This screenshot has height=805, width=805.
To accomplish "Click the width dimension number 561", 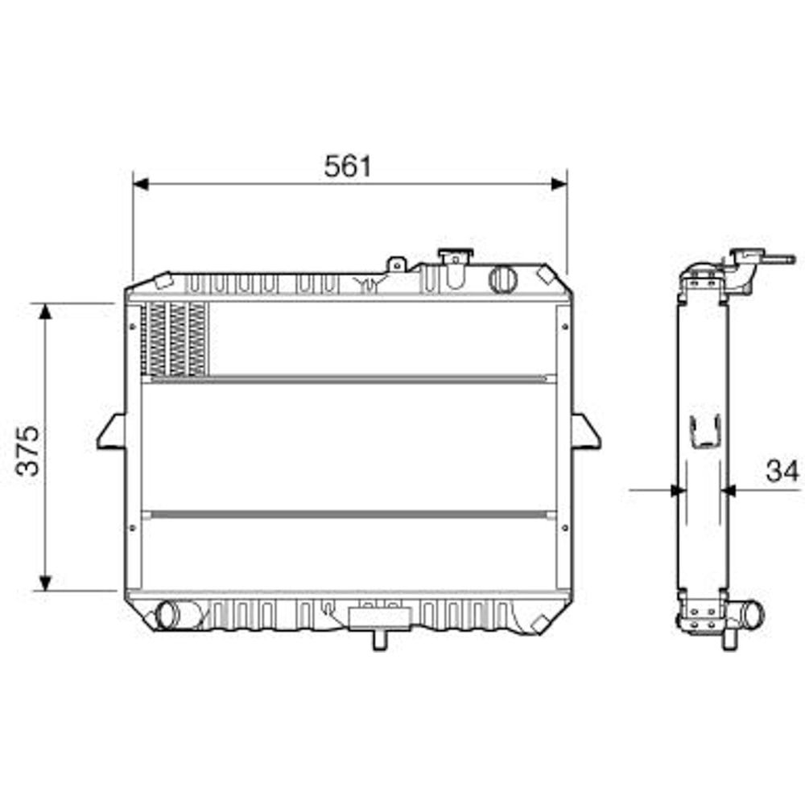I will [348, 166].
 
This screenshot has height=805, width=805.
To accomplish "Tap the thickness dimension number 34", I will [781, 471].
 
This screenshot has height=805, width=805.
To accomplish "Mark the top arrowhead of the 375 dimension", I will [46, 312].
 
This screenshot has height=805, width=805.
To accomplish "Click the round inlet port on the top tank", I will [502, 279].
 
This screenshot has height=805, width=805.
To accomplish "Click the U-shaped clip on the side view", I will [705, 431].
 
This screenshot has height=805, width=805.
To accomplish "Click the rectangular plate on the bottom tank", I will [379, 617].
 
